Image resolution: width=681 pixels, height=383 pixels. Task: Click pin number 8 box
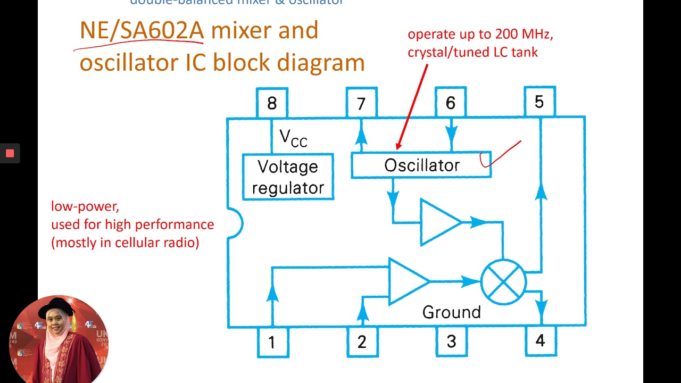tap(272, 103)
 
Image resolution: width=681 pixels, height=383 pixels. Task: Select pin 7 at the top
tap(361, 103)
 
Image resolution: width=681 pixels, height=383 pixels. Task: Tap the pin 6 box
tap(451, 102)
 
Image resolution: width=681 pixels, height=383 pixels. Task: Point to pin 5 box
tap(539, 101)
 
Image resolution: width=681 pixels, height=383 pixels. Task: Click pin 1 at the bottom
tap(272, 342)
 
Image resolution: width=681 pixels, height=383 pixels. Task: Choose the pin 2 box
tap(362, 342)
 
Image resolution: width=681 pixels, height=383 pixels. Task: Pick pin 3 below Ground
tap(451, 341)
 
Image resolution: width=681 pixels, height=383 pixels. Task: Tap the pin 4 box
tap(541, 340)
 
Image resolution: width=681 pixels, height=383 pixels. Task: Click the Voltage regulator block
tap(288, 177)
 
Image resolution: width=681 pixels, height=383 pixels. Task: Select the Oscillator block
tap(421, 165)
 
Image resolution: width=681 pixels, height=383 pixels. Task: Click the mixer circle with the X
tap(503, 282)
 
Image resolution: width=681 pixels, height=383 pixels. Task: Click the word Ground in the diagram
tap(451, 312)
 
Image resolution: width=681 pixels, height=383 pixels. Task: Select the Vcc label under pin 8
tap(293, 138)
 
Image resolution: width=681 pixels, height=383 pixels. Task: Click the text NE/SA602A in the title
tap(142, 31)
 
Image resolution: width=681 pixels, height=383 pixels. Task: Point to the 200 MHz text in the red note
tap(524, 35)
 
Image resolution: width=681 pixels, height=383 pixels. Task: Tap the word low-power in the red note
tap(85, 206)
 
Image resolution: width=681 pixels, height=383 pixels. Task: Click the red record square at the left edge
tap(10, 154)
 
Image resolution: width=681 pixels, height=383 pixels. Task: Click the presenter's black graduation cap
tap(56, 306)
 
